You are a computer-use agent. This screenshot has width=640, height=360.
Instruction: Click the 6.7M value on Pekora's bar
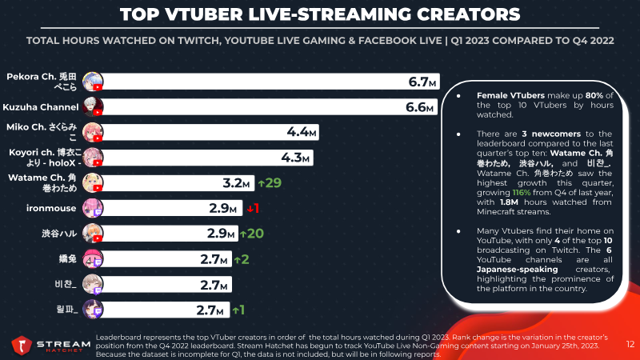422,82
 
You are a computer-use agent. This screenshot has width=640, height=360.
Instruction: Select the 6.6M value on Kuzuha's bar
419,107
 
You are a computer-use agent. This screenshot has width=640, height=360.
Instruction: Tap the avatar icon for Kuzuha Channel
93,107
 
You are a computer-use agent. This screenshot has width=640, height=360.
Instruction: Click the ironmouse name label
51,208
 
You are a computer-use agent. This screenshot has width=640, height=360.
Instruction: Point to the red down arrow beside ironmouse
250,209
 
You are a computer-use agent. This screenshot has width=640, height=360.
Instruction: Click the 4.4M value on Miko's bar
302,132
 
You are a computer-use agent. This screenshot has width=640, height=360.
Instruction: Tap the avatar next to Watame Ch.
93,183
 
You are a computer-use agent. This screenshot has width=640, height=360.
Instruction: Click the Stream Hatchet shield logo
22,346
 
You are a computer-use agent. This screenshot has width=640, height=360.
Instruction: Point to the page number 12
630,345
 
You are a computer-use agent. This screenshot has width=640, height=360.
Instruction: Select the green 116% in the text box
522,193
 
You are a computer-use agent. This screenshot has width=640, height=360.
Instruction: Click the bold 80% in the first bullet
594,95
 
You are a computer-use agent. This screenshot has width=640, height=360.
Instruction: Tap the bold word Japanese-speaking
517,270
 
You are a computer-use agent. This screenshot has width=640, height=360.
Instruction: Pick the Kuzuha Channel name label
41,107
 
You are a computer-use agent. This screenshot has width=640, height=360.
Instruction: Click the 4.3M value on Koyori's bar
295,158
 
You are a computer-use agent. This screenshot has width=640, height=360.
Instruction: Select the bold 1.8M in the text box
509,202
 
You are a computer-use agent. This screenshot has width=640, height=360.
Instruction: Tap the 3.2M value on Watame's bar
236,183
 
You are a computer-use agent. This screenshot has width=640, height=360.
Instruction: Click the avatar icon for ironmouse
93,208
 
